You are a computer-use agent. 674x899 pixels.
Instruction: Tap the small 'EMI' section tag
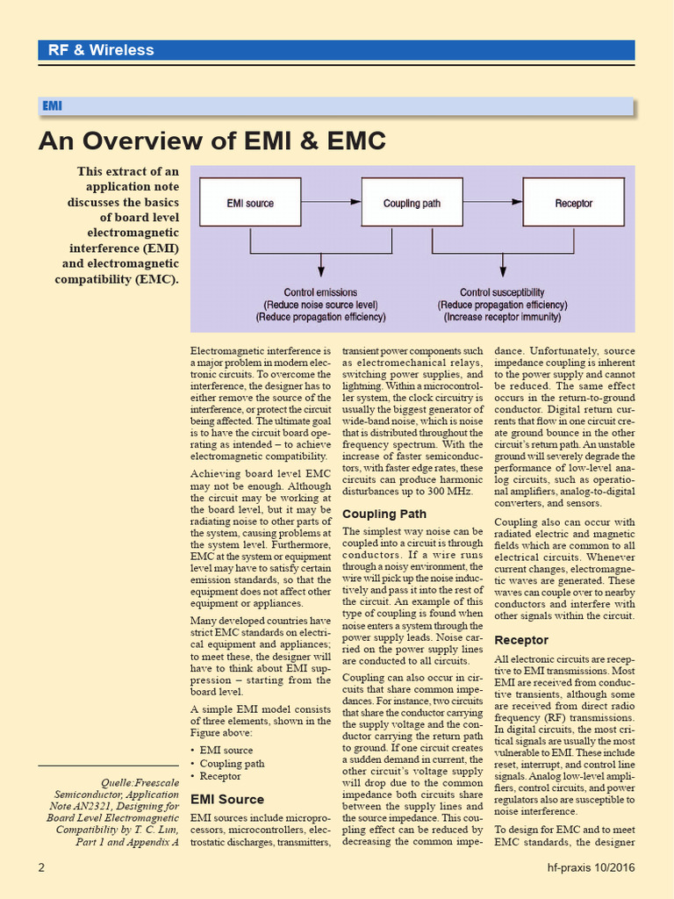[x=52, y=106]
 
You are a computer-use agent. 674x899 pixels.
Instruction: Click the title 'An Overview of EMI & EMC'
[x=212, y=140]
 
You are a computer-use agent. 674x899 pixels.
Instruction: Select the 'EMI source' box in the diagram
[x=250, y=203]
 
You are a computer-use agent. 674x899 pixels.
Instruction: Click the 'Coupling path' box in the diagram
[x=412, y=203]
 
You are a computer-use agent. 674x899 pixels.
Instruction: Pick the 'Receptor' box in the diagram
[x=573, y=203]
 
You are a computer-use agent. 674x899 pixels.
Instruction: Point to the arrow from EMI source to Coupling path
[x=331, y=203]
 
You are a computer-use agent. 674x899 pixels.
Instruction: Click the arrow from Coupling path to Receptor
[x=492, y=203]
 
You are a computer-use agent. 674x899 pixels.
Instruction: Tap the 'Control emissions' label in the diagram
[x=320, y=292]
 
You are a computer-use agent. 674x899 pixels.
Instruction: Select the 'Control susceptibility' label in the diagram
[x=502, y=292]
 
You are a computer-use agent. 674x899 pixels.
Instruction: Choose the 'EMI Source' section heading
[x=226, y=799]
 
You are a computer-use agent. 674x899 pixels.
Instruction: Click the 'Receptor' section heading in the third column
[x=521, y=640]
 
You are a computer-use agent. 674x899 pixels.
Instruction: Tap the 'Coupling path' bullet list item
[x=232, y=763]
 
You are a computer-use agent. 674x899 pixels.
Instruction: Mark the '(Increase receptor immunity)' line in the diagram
[x=501, y=317]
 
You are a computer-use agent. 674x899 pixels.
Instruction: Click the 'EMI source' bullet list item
[x=226, y=750]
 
